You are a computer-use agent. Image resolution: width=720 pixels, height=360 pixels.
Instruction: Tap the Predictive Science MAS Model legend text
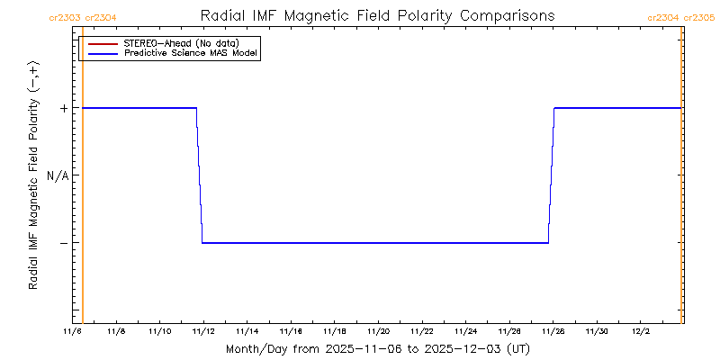191,54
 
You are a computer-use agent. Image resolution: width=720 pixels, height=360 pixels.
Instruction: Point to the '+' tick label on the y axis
64,108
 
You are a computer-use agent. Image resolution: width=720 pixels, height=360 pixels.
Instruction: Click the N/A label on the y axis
58,175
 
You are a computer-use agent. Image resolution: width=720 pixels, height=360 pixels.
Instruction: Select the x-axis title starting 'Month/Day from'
378,348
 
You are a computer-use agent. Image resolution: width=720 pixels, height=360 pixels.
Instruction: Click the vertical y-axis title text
33,175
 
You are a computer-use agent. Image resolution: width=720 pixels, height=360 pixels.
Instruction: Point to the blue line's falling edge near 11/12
199,175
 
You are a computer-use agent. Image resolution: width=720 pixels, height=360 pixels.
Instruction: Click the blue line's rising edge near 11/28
551,175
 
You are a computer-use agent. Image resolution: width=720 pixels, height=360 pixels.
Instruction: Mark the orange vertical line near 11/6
83,180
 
